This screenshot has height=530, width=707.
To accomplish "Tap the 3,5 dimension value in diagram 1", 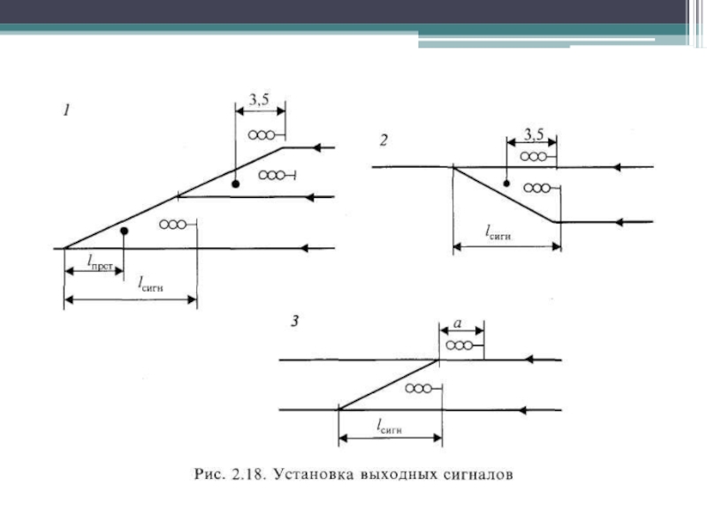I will (259, 102).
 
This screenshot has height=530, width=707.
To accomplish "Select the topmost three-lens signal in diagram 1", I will (264, 135).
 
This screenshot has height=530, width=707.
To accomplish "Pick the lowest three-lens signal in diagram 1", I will (173, 224).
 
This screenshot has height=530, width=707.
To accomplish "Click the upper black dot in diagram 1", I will (236, 183).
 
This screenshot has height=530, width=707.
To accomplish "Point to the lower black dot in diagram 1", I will (124, 231).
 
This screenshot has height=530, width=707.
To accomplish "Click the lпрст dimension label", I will (103, 261).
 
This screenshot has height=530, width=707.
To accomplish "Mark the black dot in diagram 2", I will (506, 184).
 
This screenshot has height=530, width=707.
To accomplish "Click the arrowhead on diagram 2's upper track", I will (621, 166).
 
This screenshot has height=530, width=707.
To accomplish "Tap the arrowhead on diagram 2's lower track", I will (621, 221).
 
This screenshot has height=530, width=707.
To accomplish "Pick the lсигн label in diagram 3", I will (390, 426).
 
